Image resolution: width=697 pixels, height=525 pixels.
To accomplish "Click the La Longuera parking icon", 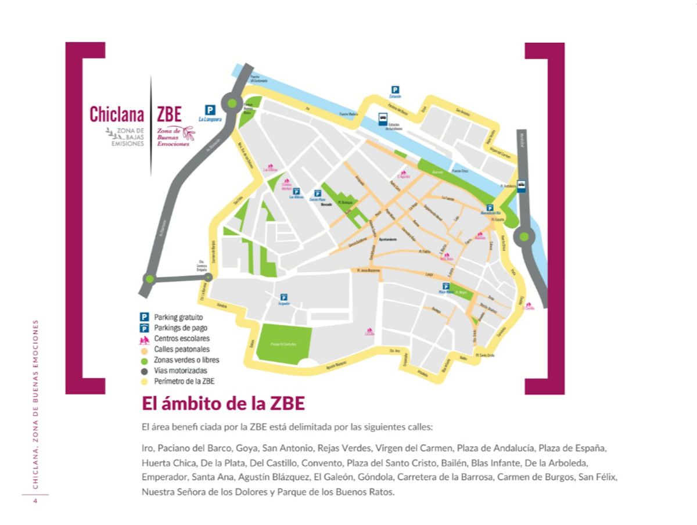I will coord(210,109).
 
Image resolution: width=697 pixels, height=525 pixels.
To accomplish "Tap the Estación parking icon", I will coord(395,90).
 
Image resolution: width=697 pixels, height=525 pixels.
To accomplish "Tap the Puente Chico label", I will coord(460,172).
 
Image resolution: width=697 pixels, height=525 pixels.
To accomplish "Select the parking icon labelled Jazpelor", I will coord(284,297).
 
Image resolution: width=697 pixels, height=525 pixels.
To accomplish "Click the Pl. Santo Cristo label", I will coord(485,355).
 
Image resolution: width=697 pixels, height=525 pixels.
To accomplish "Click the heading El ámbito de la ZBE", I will coord(223,404).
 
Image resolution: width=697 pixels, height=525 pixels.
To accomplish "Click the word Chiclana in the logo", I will coord(116,114).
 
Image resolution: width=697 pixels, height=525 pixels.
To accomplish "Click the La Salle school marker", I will coord(369,333).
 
